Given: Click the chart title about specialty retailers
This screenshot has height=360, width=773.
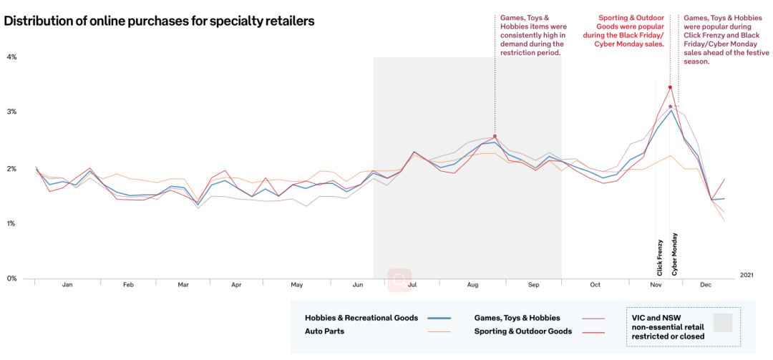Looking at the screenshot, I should (159, 21).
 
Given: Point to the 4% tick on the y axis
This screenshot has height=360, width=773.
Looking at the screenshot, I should (11, 57).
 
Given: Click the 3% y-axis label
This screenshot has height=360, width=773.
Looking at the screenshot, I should (11, 112).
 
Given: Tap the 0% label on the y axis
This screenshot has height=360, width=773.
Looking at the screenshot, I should (11, 278).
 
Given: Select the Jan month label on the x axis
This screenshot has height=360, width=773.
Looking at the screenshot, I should (67, 285).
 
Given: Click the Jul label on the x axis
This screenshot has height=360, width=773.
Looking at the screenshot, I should (412, 285).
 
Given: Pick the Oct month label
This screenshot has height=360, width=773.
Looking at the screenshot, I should (595, 285).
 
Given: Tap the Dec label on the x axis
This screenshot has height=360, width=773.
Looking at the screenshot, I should (706, 285).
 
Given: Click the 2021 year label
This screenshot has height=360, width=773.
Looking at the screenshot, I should (747, 274).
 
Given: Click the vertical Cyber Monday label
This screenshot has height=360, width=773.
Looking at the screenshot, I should (674, 254).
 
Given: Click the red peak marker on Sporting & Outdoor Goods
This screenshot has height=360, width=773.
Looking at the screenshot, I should (670, 87).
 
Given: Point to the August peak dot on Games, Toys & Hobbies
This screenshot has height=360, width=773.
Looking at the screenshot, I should (495, 136).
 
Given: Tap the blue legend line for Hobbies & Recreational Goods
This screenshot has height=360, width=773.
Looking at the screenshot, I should (439, 318).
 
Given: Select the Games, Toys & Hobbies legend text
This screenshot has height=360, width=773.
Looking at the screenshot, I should (517, 318).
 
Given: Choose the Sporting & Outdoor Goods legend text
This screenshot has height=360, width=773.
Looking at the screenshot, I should (522, 331).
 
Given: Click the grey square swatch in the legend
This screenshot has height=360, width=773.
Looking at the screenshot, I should (723, 323).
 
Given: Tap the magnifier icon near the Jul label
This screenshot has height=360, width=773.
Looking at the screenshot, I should (399, 281).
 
